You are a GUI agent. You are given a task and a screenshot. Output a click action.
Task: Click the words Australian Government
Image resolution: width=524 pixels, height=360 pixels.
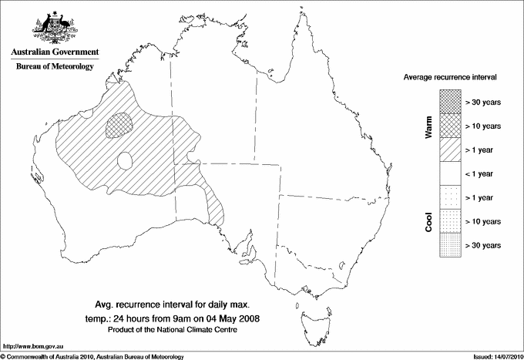[55, 52]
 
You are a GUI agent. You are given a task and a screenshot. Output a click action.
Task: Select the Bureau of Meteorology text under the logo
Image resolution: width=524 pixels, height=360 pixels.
[55, 66]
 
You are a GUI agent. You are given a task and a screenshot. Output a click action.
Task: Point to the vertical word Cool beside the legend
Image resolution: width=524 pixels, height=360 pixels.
[428, 222]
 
